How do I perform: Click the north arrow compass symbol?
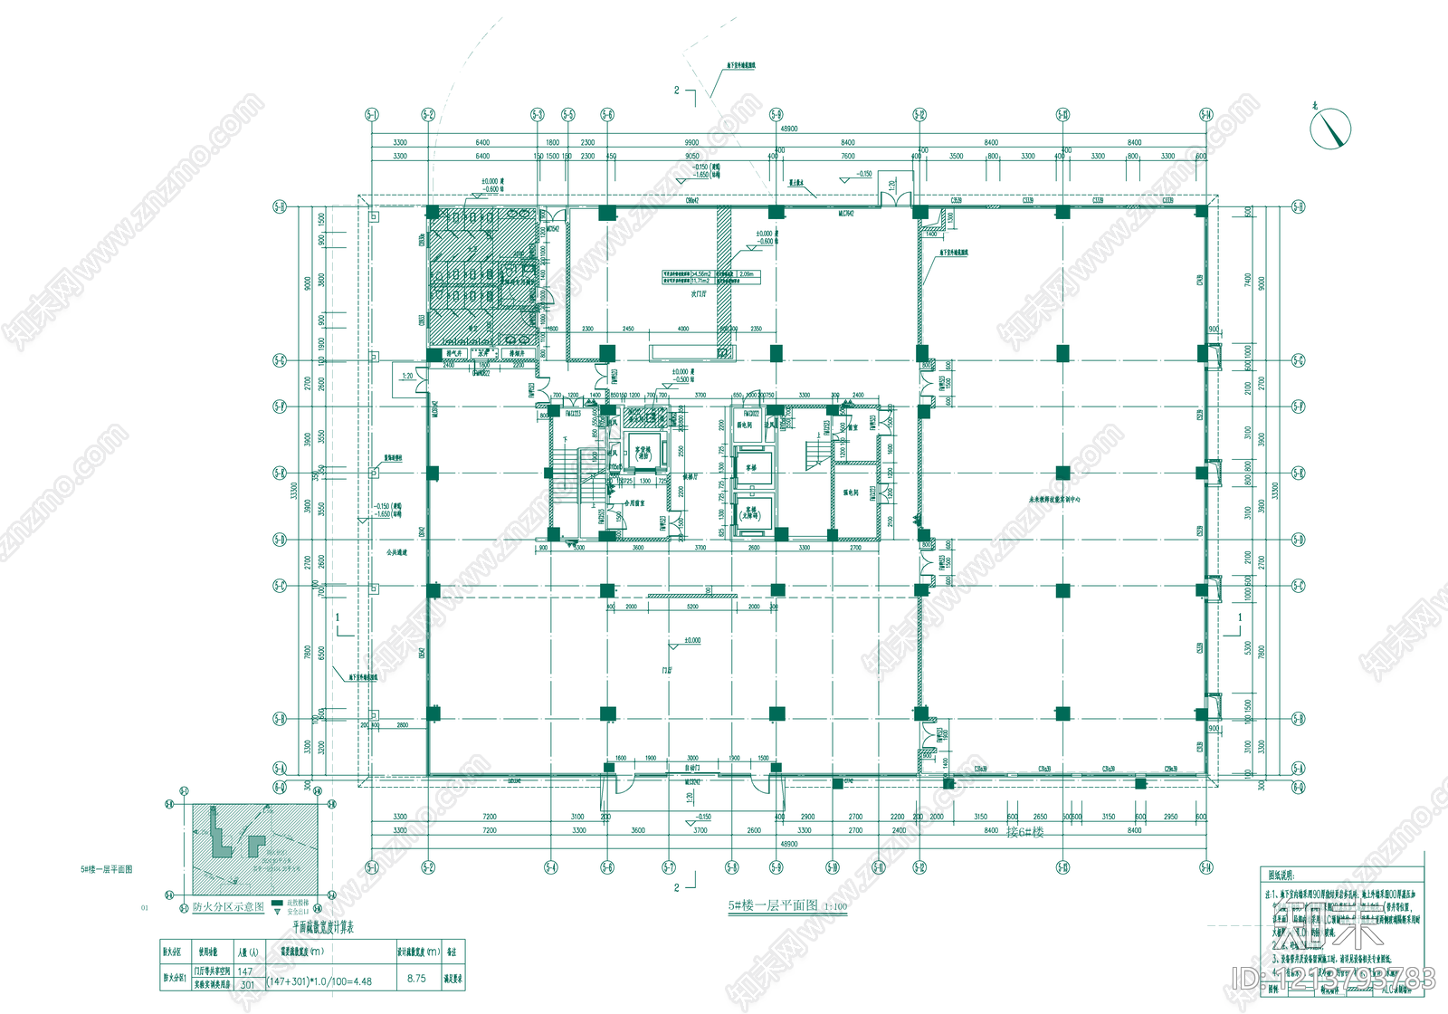point(1330,129)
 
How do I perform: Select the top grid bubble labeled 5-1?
point(372,115)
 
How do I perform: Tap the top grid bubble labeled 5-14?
point(1205,115)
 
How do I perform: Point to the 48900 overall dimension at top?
point(788,129)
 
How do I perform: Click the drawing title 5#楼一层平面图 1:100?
point(787,905)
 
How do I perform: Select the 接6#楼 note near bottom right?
point(1024,832)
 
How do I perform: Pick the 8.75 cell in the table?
point(416,979)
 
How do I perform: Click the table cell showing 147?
point(245,971)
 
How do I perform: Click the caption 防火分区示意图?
point(228,906)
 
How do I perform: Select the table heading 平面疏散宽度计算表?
point(323,928)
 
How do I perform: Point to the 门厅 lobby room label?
point(667,671)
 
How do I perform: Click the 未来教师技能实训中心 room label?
point(1054,499)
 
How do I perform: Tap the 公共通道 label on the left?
point(396,551)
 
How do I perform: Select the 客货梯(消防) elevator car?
point(643,452)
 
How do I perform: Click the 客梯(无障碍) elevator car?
point(751,513)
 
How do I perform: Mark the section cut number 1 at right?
point(1240,617)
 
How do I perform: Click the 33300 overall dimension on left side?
point(293,491)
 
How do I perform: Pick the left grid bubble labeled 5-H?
point(280,207)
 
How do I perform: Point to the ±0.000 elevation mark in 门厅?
point(691,641)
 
